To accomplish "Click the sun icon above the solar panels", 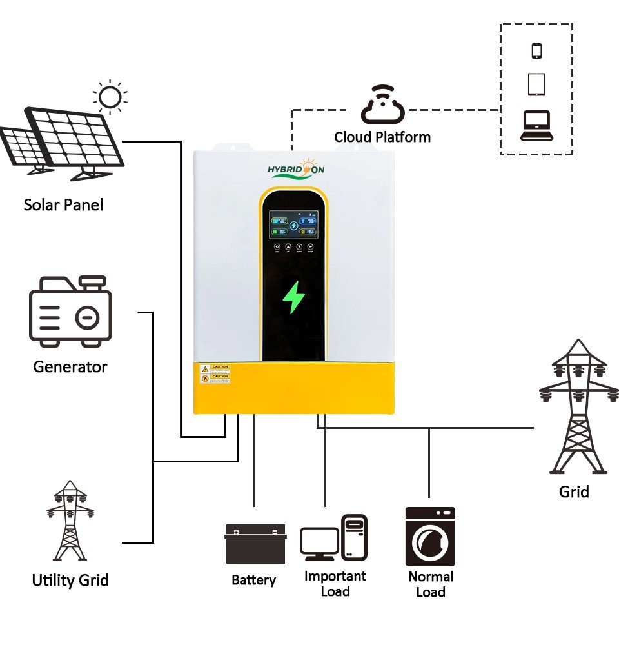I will point(110,97).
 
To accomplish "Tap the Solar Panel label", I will point(63,205).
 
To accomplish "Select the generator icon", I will point(70,310).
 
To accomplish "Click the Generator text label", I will point(70,367).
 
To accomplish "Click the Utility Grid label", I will point(70,580).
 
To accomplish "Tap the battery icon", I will point(255,544).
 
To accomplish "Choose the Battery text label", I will point(253,580).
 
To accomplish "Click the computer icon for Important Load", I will point(334,538).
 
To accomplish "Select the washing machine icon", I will point(430,536).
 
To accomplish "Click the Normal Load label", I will point(431,584).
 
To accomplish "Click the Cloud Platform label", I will point(382,137).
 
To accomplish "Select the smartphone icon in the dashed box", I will point(536,50).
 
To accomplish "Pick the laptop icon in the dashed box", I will point(536,125).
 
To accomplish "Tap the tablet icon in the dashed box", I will point(536,84).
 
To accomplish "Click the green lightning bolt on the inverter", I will point(294,297).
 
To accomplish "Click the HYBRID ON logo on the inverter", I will point(296,170).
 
